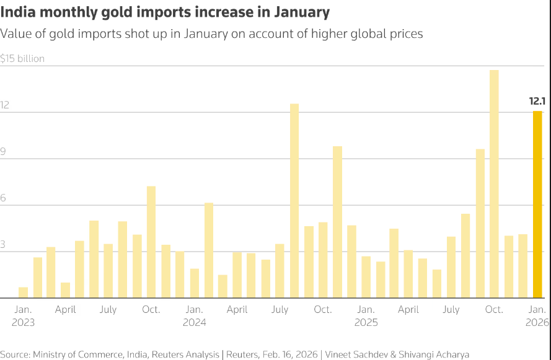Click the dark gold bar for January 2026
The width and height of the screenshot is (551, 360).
pyautogui.click(x=537, y=204)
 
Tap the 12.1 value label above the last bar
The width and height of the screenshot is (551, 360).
pyautogui.click(x=537, y=100)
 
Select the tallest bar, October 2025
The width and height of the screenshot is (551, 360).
pyautogui.click(x=494, y=184)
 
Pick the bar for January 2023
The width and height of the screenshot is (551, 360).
pyautogui.click(x=24, y=292)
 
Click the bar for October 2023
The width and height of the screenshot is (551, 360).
pyautogui.click(x=151, y=242)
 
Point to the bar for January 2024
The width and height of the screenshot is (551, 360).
pyautogui.click(x=195, y=283)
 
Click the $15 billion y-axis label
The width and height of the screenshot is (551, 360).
pyautogui.click(x=22, y=59)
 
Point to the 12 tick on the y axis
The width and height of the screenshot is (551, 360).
pyautogui.click(x=5, y=105)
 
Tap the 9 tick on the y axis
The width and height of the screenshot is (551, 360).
pyautogui.click(x=4, y=152)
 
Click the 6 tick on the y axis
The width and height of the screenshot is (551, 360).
pyautogui.click(x=4, y=198)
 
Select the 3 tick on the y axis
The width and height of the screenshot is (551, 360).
pyautogui.click(x=4, y=245)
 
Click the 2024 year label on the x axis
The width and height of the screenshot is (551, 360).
pyautogui.click(x=194, y=322)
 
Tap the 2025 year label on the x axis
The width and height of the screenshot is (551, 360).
pyautogui.click(x=366, y=322)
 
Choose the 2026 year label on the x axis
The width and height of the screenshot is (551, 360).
pyautogui.click(x=537, y=322)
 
